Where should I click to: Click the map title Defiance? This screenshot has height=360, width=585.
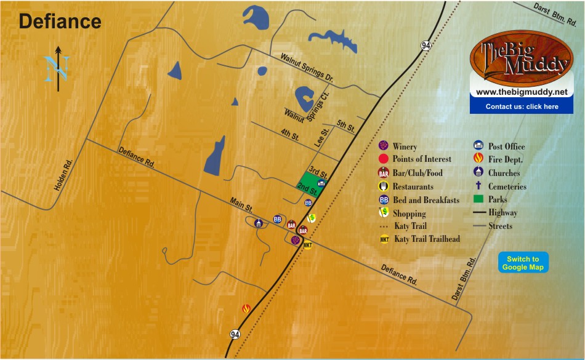pos(60,22)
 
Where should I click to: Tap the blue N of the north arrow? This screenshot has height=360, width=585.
pos(56,68)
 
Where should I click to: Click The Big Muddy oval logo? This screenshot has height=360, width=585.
pos(521,59)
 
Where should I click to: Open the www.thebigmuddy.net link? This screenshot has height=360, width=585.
pos(521,92)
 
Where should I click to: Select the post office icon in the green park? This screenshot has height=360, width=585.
pos(321,183)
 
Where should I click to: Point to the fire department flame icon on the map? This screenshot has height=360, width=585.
pos(246,309)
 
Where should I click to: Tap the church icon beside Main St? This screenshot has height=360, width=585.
pos(259,223)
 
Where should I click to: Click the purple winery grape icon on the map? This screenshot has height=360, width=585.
pos(296,240)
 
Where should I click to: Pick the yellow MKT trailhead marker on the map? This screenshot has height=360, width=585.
pos(308,245)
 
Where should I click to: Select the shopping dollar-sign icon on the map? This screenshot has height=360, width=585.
pos(312,218)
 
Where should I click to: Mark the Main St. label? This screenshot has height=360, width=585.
pos(241,205)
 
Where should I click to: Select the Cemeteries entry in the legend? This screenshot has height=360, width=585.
pos(507,186)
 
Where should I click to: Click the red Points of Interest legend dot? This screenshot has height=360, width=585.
pos(383,159)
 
